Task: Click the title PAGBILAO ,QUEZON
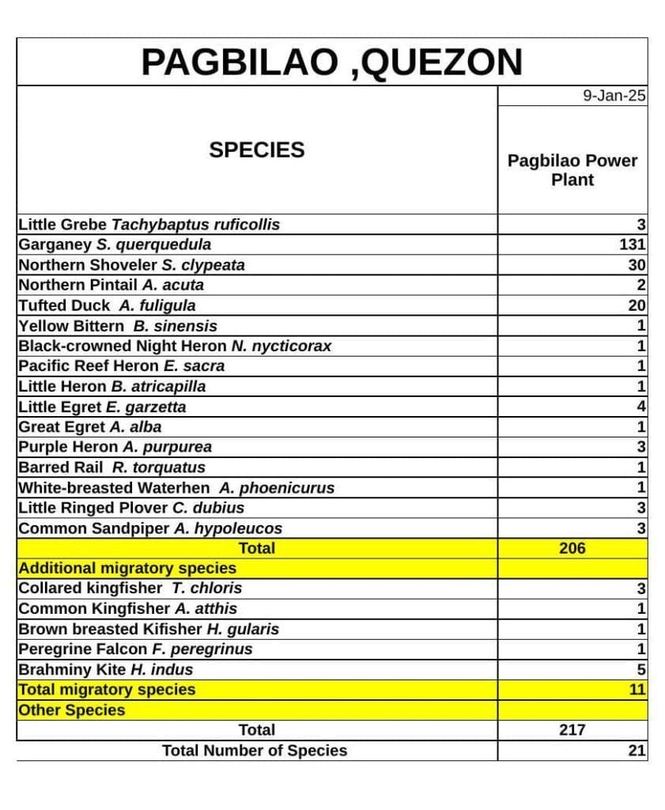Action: (x=331, y=62)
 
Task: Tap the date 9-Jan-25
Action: (x=614, y=96)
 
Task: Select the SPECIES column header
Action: (x=256, y=150)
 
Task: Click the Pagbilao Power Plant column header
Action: (x=572, y=170)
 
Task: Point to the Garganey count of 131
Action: (x=633, y=244)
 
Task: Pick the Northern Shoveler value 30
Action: (x=637, y=265)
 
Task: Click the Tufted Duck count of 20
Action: (x=637, y=305)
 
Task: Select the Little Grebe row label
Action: (x=149, y=225)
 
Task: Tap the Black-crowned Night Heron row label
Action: (x=175, y=346)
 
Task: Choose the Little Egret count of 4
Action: (x=641, y=407)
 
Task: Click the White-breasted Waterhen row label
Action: (x=176, y=488)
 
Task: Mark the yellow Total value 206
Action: (x=572, y=548)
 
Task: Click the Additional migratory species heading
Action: (x=127, y=568)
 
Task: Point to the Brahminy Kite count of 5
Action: (x=641, y=669)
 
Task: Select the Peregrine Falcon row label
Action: (x=135, y=649)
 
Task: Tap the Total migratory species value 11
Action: (x=637, y=690)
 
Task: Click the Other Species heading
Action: (x=72, y=710)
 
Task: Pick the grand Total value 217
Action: (x=572, y=730)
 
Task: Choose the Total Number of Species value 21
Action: (x=637, y=751)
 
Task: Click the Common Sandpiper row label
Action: (x=150, y=528)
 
